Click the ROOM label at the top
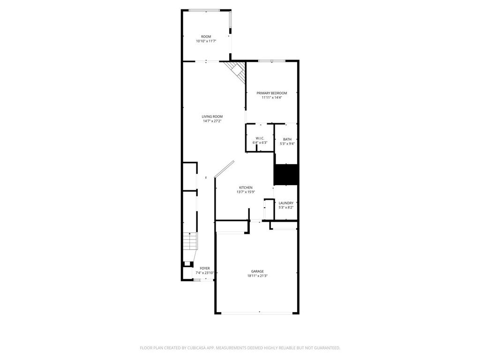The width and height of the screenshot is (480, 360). pos(206,37)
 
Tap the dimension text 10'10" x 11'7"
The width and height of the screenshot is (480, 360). pos(206,41)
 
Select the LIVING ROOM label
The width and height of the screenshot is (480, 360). pos(212,117)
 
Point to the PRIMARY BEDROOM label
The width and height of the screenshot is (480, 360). pos(272,93)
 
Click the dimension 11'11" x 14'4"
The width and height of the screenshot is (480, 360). pos(272,98)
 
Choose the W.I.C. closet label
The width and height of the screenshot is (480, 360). pos(260,138)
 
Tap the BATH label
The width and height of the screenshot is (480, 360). pos(287,139)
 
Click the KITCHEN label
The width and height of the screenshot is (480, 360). pos(246,187)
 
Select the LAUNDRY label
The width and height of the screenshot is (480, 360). pos(286,203)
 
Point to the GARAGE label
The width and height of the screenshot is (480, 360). pos(257,271)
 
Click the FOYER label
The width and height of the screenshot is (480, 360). pos(205,269)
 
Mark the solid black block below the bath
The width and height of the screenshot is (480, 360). pos(286,174)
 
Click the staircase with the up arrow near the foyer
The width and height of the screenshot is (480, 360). pos(190,243)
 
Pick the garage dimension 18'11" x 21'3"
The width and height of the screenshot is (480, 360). pos(257,276)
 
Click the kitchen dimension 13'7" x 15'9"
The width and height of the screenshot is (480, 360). pos(246,192)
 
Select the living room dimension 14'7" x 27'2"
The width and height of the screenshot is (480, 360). pos(212,121)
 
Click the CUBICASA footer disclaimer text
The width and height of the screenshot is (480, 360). pos(240,348)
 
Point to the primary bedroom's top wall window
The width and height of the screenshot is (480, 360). pos(272,60)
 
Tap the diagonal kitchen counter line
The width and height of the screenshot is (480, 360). pos(224,169)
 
